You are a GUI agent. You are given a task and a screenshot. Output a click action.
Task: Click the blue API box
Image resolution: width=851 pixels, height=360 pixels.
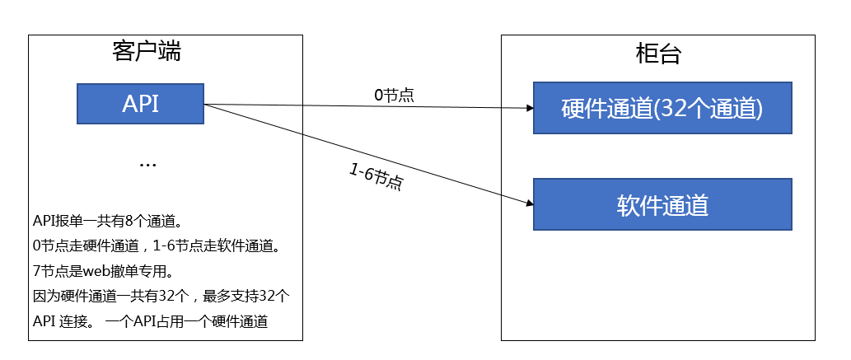click(x=140, y=104)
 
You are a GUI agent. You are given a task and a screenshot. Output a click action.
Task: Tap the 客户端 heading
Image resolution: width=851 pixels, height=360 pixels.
click(x=147, y=52)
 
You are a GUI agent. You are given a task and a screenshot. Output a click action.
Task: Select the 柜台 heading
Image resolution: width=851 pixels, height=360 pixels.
click(x=657, y=54)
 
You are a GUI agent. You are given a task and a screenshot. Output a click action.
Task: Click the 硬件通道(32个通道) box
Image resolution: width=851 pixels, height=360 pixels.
click(x=662, y=108)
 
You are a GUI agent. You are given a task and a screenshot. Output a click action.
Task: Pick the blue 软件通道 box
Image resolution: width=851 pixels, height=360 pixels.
click(x=662, y=204)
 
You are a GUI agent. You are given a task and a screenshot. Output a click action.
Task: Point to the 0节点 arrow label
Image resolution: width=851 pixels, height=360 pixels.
click(x=394, y=96)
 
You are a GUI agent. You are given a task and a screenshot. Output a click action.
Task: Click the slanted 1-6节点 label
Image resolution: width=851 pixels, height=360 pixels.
click(x=376, y=177)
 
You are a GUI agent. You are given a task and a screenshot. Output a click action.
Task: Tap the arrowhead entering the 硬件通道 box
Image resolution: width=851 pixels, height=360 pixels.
click(x=531, y=108)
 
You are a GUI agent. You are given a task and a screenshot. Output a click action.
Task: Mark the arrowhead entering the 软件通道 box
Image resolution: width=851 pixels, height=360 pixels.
click(x=530, y=203)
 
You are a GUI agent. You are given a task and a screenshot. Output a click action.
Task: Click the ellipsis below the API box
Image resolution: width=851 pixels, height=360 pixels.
click(x=147, y=165)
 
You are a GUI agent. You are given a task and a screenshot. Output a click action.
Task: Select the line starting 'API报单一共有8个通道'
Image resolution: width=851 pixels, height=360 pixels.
click(x=109, y=222)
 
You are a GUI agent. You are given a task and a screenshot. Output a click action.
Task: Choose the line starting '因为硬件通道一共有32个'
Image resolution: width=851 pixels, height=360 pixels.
click(x=162, y=297)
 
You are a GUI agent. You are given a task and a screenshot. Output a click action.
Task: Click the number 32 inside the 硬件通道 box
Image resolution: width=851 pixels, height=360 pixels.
click(x=671, y=109)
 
